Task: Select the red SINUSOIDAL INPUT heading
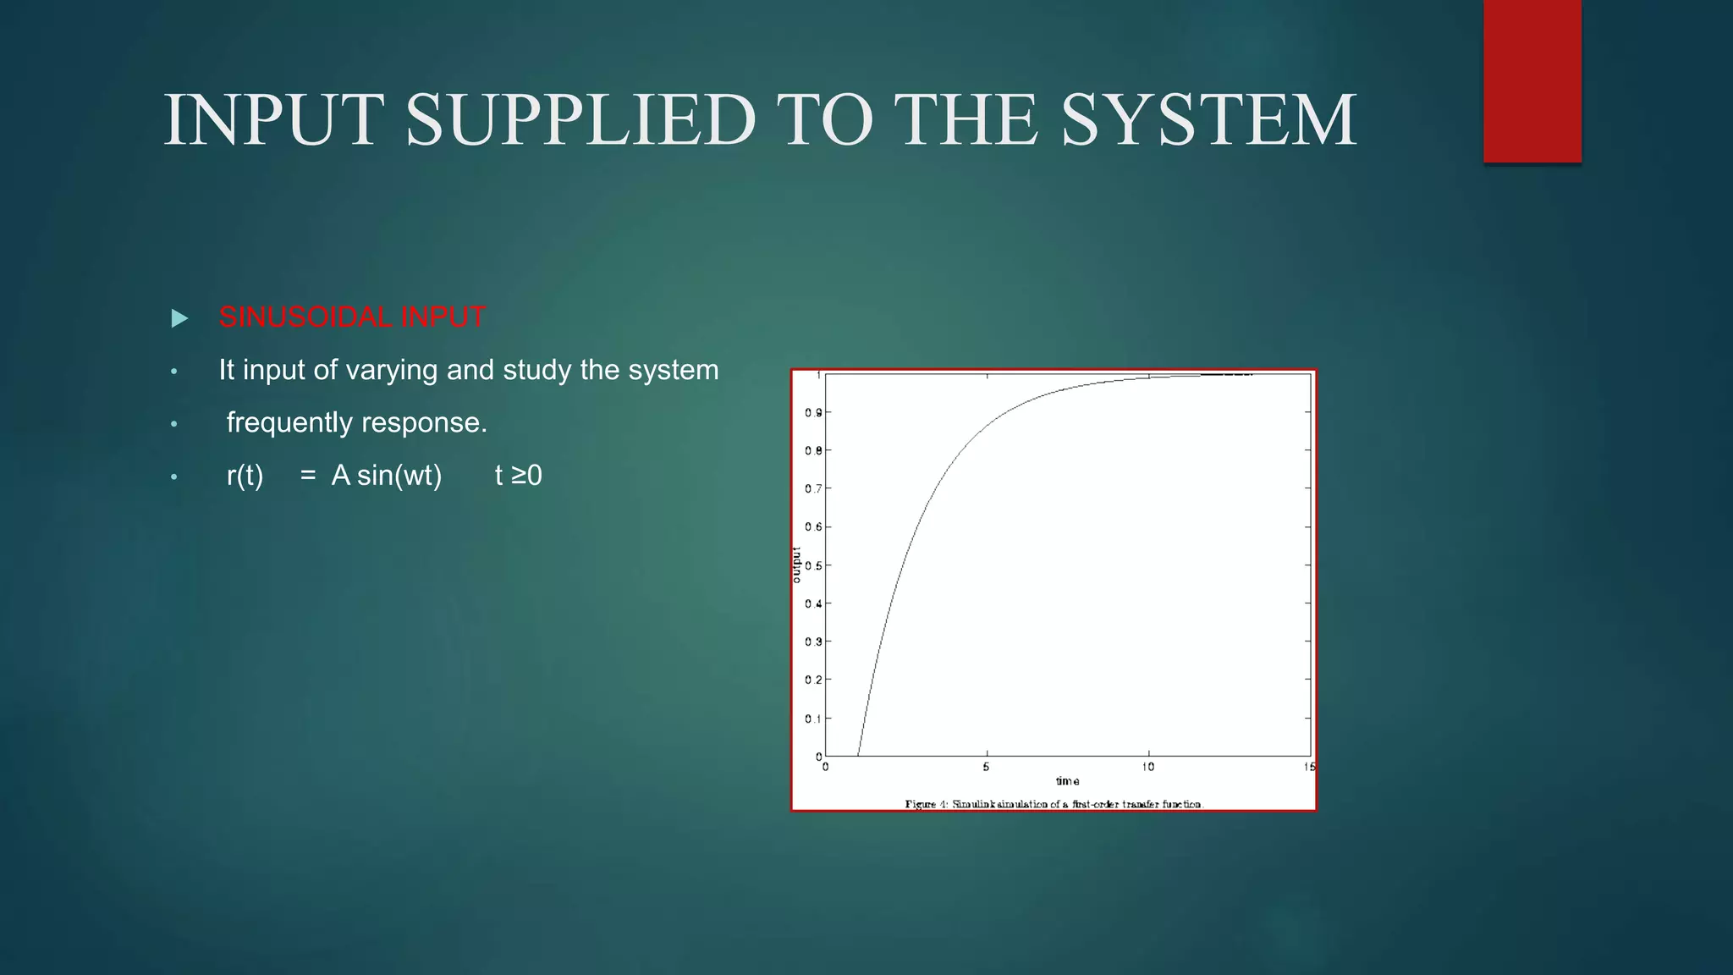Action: (x=352, y=317)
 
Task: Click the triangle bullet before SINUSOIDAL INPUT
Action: (x=179, y=319)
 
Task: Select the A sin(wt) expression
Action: (x=387, y=476)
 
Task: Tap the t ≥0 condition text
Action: (x=518, y=476)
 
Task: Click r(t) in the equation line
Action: (x=245, y=476)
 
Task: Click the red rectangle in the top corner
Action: (x=1532, y=80)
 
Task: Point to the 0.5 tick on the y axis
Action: (x=813, y=565)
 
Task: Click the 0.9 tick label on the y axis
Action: (x=813, y=413)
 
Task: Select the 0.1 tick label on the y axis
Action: (x=813, y=719)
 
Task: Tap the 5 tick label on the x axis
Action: (x=986, y=767)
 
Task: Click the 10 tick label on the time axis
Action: (x=1147, y=767)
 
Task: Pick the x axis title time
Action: (x=1067, y=781)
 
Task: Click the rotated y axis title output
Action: (x=796, y=565)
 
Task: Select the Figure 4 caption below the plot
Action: (x=1054, y=804)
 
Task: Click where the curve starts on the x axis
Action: (x=858, y=755)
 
